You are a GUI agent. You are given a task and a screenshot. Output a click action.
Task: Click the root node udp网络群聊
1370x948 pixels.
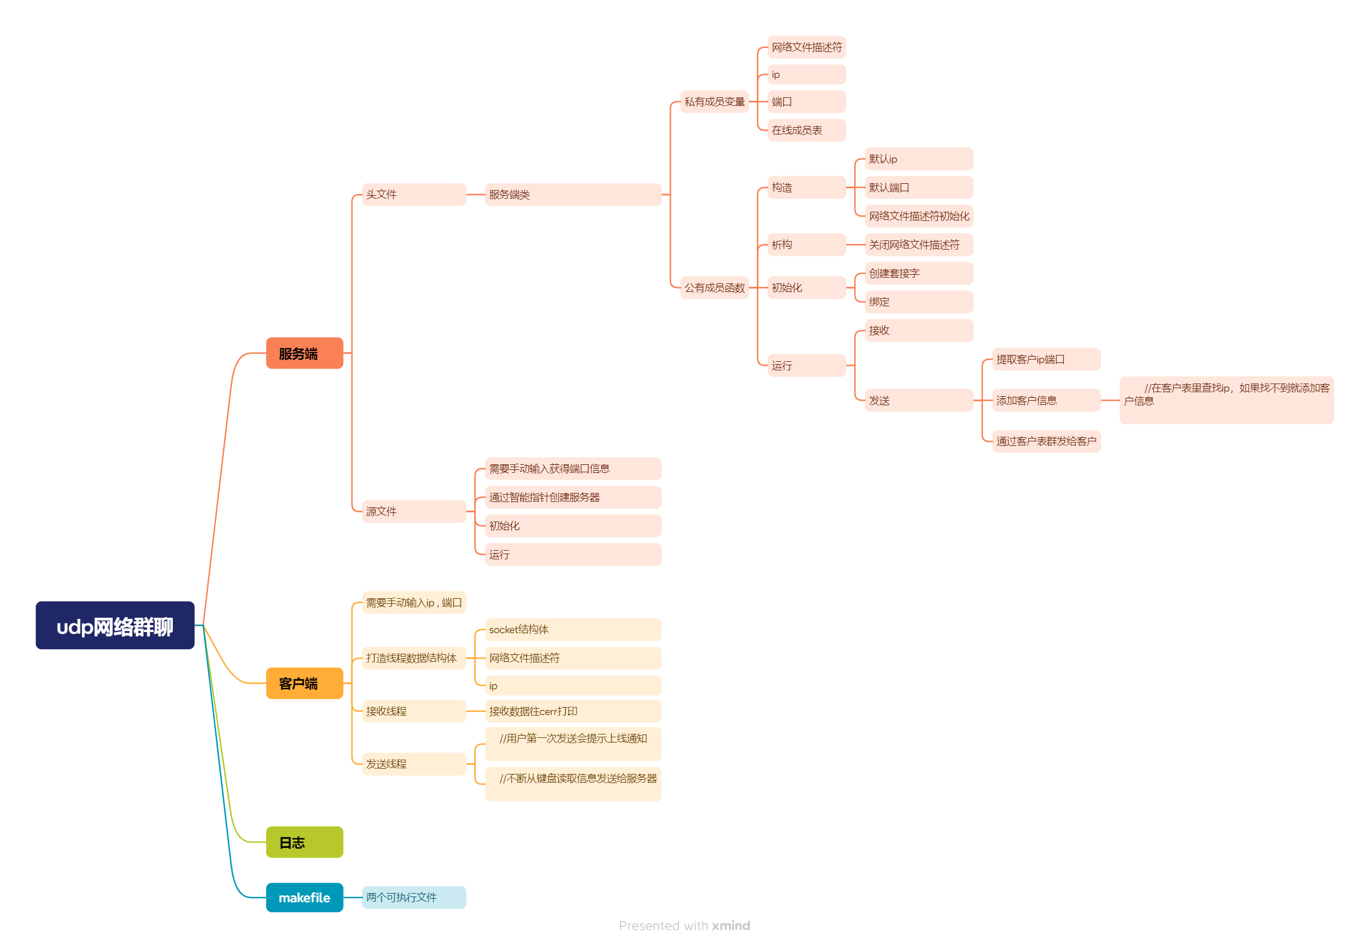[x=115, y=625]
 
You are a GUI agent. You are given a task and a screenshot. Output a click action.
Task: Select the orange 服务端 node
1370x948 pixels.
[x=304, y=353]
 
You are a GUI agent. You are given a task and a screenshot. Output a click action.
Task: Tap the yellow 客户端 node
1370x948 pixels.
[x=304, y=683]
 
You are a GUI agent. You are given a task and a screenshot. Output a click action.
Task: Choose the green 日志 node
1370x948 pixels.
[x=304, y=842]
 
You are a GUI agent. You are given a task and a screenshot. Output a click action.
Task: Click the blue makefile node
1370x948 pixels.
[x=304, y=897]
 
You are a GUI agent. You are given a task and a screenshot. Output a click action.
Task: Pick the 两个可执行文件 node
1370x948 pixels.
[x=413, y=897]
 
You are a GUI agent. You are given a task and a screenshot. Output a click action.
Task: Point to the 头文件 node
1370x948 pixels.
[x=413, y=194]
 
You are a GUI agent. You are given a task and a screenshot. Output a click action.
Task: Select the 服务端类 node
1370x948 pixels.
[x=573, y=194]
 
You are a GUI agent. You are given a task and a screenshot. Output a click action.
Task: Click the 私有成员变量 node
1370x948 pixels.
[x=714, y=101]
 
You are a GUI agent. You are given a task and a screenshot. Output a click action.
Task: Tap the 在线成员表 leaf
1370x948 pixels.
[x=806, y=130]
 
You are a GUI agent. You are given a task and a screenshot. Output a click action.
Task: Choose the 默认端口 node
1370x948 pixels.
[x=918, y=187]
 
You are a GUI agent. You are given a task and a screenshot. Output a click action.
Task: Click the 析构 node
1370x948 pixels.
[x=806, y=244]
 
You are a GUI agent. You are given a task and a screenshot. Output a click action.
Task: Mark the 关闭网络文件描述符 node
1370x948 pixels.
[x=918, y=244]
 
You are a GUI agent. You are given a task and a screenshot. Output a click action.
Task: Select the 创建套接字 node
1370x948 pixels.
[x=918, y=273]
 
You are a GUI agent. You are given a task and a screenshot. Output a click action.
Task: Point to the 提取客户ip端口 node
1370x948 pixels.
[x=1045, y=359]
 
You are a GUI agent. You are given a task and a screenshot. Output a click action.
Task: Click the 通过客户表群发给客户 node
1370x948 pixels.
[x=1045, y=441]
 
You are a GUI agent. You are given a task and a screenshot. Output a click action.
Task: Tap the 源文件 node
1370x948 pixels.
[x=413, y=511]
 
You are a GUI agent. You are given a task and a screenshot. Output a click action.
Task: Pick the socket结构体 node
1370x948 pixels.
[x=573, y=629]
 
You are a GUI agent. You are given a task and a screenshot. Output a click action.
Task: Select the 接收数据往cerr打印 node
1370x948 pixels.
[x=573, y=710]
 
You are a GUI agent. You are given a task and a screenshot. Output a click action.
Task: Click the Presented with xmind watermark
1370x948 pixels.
[x=684, y=925]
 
